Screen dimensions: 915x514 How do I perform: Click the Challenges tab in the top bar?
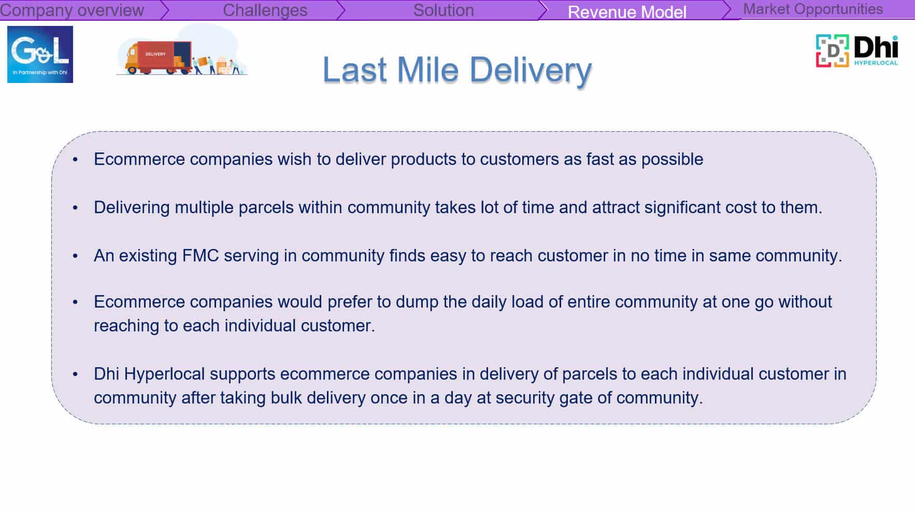(x=265, y=10)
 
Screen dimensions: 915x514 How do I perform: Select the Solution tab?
(x=444, y=10)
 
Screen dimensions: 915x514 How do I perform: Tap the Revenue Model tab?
(x=627, y=11)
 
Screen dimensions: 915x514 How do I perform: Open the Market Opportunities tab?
(x=813, y=9)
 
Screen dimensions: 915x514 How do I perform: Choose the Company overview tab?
(x=72, y=10)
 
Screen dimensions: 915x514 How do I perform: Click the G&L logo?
(x=40, y=54)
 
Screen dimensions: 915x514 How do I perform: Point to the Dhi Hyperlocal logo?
(x=857, y=51)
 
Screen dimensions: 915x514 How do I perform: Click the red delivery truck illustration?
(x=158, y=57)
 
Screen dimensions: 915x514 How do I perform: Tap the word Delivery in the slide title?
(x=531, y=71)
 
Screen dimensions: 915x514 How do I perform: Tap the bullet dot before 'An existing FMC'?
(x=76, y=256)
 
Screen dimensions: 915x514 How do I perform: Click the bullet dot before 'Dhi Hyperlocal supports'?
(x=76, y=374)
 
